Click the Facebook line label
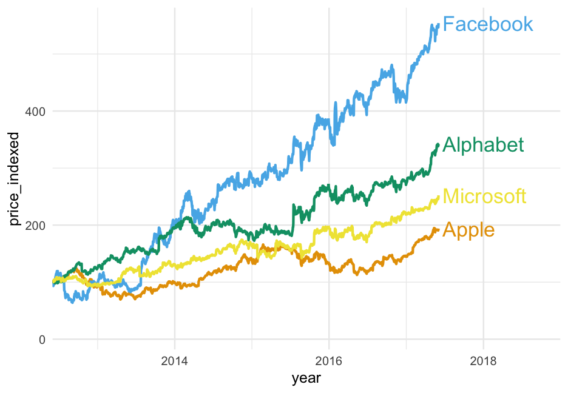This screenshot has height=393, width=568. click(x=488, y=24)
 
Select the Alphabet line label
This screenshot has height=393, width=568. click(x=483, y=145)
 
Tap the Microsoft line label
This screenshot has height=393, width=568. click(x=484, y=196)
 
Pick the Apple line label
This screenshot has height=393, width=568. click(x=468, y=230)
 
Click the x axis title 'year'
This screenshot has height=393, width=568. click(x=306, y=379)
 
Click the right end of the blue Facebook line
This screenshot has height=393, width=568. click(x=438, y=25)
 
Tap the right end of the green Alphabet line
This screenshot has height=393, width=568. click(x=438, y=144)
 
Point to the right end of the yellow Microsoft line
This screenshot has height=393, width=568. click(x=438, y=196)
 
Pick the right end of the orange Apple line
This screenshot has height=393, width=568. click(x=438, y=229)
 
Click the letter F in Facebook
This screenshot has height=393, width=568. click(x=448, y=24)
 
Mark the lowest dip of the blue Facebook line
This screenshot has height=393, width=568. click(x=73, y=301)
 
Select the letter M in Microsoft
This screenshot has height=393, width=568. click(x=451, y=196)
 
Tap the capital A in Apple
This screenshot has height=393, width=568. click(x=450, y=230)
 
